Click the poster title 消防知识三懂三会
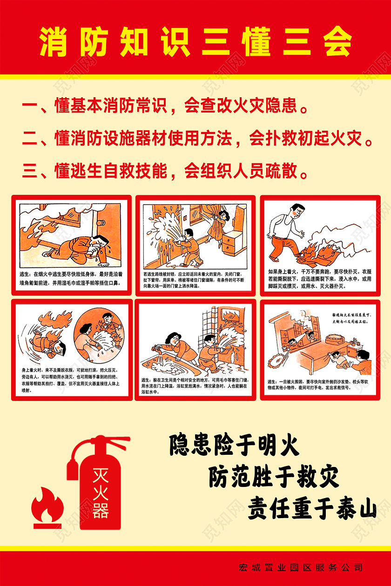click(195, 42)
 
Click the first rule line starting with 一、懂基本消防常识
click(165, 107)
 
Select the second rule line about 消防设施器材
click(197, 138)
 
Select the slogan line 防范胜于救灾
click(273, 477)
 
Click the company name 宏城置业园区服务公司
click(300, 568)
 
